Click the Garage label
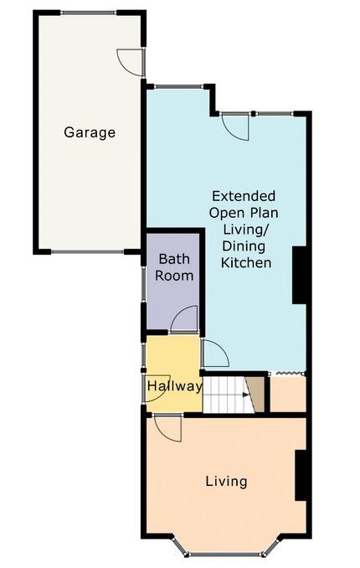(x=90, y=132)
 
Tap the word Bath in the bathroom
(x=174, y=259)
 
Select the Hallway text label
(x=174, y=386)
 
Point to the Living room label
(x=226, y=482)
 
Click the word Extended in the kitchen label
(x=244, y=196)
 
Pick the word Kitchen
(x=246, y=262)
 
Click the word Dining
(x=244, y=246)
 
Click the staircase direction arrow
(x=246, y=395)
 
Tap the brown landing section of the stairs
(x=256, y=394)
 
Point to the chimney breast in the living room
(x=301, y=475)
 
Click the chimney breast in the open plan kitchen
(x=299, y=275)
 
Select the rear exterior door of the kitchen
(x=234, y=127)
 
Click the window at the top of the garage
(x=89, y=13)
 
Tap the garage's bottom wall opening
(x=88, y=251)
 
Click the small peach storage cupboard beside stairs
(x=288, y=394)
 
